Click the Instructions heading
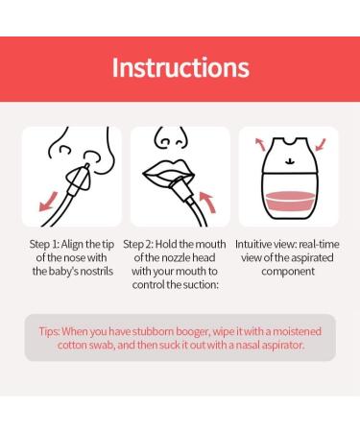click(180, 68)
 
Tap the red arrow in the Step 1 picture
click(48, 202)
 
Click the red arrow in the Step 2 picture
click(207, 202)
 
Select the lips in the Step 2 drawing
click(169, 173)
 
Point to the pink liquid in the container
click(290, 201)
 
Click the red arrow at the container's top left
click(260, 144)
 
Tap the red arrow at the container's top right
click(321, 144)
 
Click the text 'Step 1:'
click(44, 245)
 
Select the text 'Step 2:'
click(138, 245)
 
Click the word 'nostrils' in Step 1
click(97, 271)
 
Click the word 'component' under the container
click(288, 272)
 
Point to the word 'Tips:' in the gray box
click(49, 331)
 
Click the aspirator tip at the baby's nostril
click(87, 166)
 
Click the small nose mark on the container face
click(290, 161)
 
